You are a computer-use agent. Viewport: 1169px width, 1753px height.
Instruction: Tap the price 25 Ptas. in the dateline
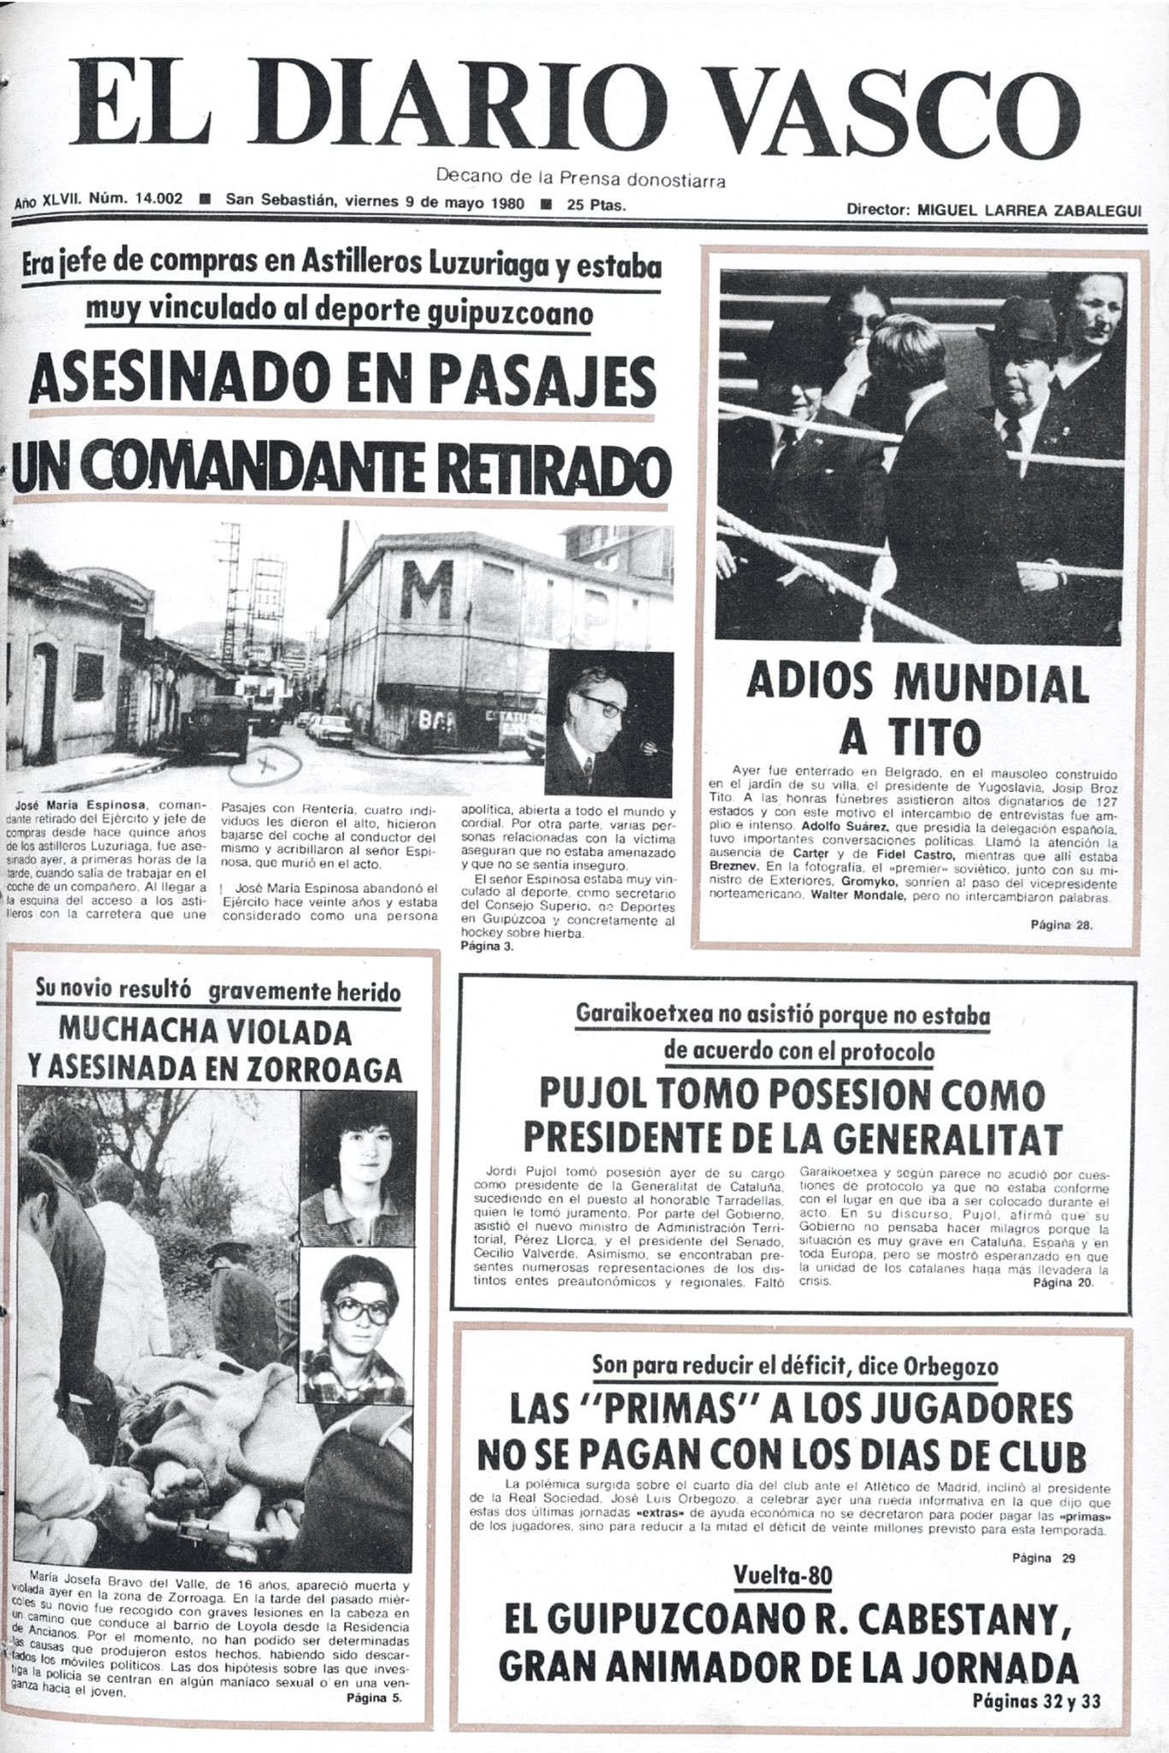coord(596,205)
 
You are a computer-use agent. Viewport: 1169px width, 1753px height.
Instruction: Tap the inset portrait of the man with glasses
coord(596,721)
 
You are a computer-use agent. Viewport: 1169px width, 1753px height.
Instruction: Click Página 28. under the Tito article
coord(1061,924)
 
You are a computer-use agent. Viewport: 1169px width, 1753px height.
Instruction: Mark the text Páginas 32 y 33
coord(1036,1700)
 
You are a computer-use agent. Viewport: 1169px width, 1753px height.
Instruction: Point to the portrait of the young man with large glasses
coord(353,1314)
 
